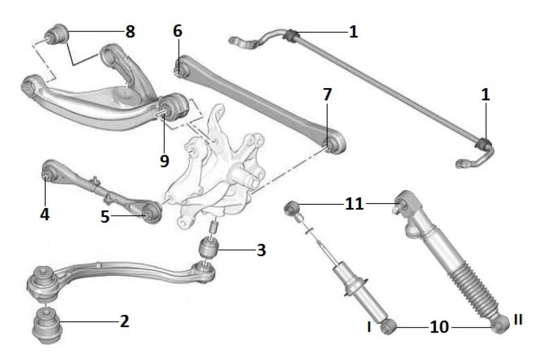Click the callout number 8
(x=130, y=32)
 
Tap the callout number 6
(x=177, y=31)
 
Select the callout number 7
(x=327, y=94)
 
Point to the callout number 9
(x=164, y=160)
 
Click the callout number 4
(x=45, y=214)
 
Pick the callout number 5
(x=105, y=217)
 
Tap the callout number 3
(x=262, y=250)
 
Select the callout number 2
(x=125, y=321)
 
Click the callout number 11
(x=354, y=204)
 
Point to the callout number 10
(x=439, y=327)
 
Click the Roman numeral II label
(x=518, y=320)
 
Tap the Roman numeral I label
(x=369, y=327)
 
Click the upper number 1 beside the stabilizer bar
(x=353, y=32)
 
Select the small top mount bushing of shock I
(x=292, y=208)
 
